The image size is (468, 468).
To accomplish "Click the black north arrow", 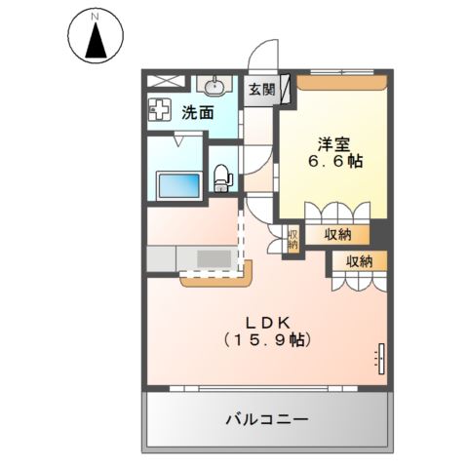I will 96,41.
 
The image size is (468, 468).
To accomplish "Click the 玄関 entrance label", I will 260,90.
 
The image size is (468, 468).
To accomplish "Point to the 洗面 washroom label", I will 199,112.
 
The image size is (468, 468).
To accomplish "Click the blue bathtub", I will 176,182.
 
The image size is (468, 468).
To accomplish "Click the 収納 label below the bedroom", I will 338,234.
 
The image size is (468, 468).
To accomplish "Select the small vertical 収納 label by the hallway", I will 292,239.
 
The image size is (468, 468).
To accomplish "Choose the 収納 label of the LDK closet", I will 358,260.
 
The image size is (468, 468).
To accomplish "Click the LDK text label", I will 265,321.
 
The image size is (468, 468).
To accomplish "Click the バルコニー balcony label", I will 267,419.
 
